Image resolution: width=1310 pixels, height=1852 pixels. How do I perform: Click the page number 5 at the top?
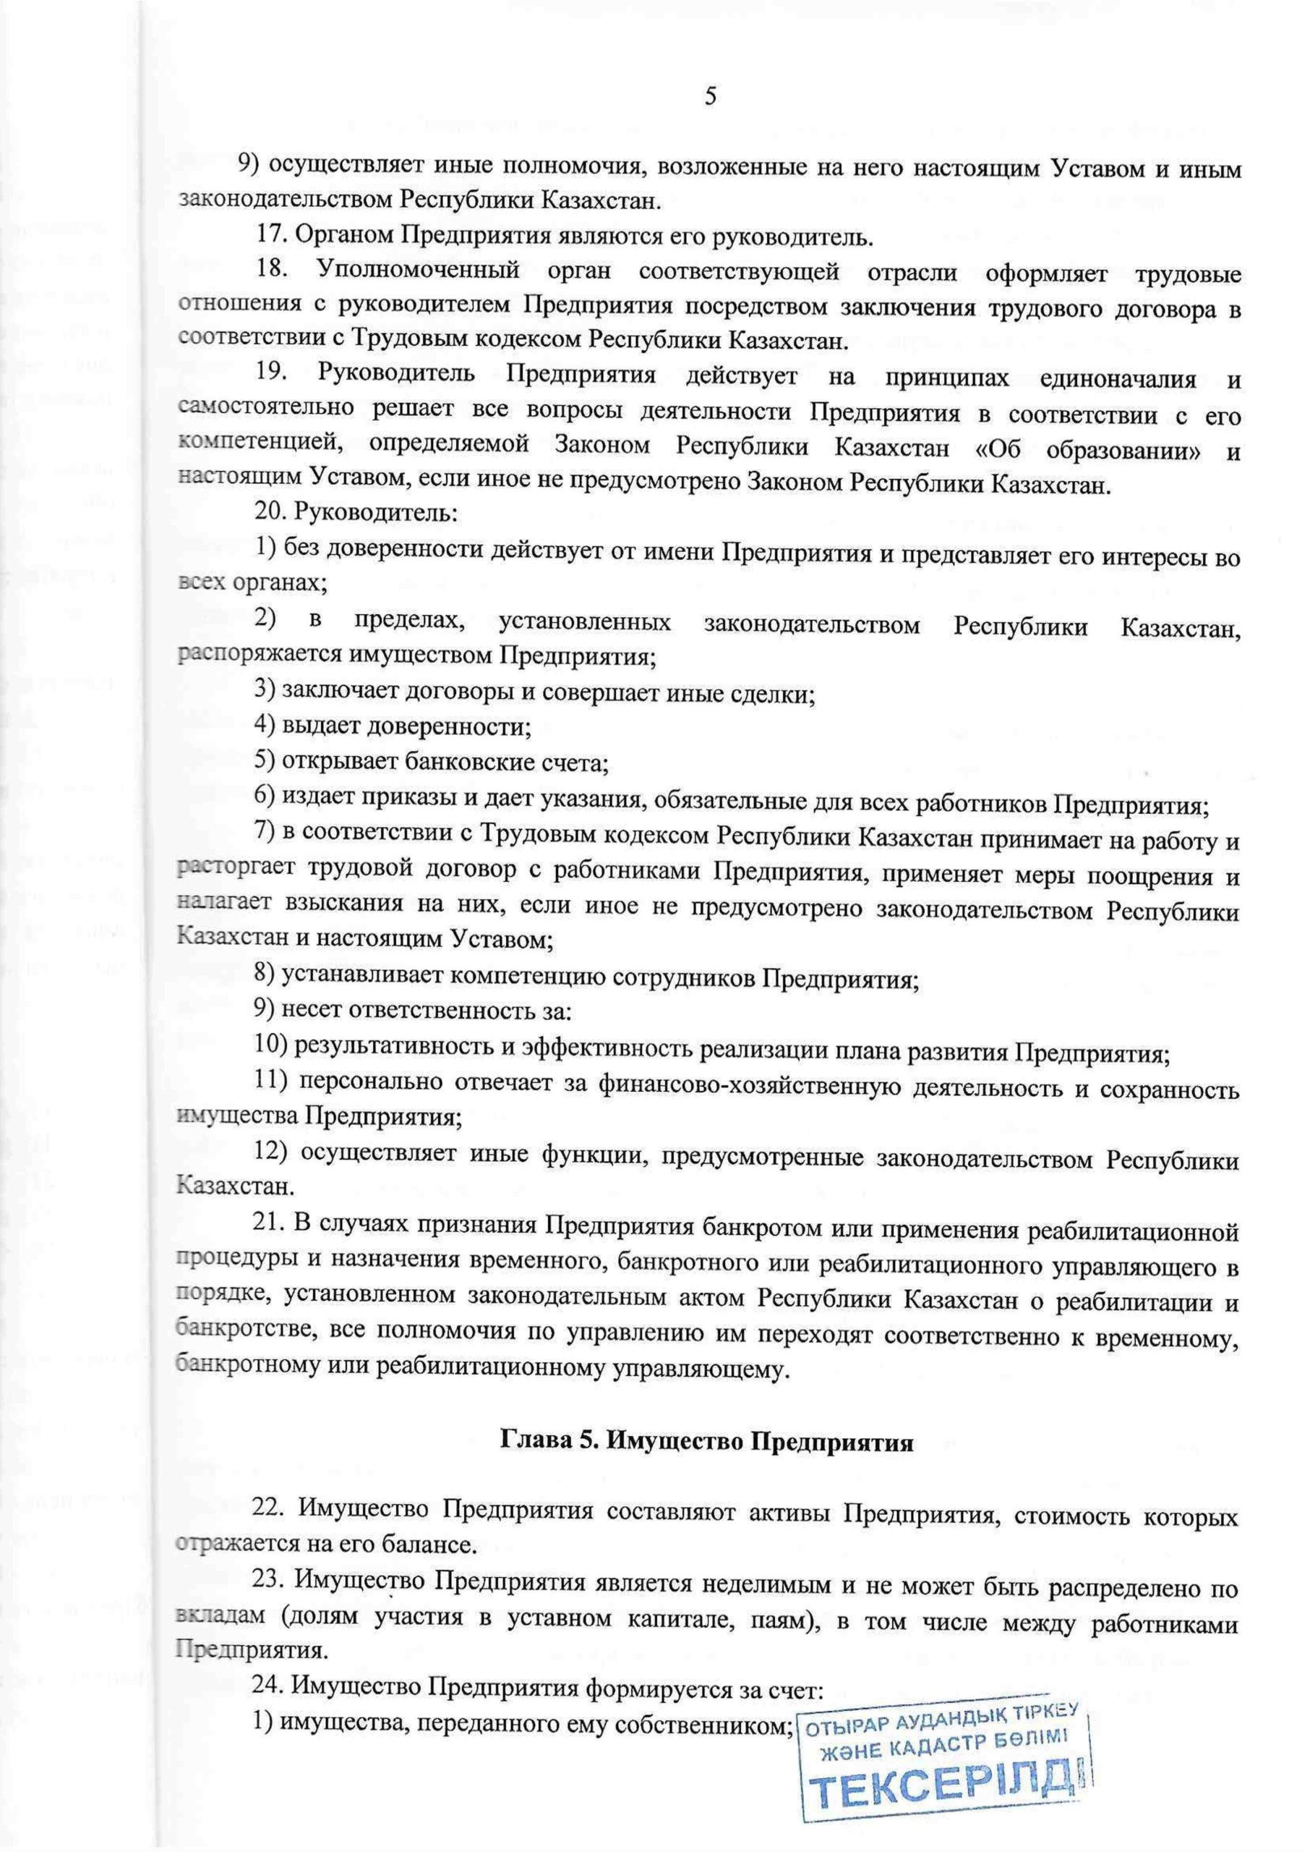(x=710, y=97)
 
